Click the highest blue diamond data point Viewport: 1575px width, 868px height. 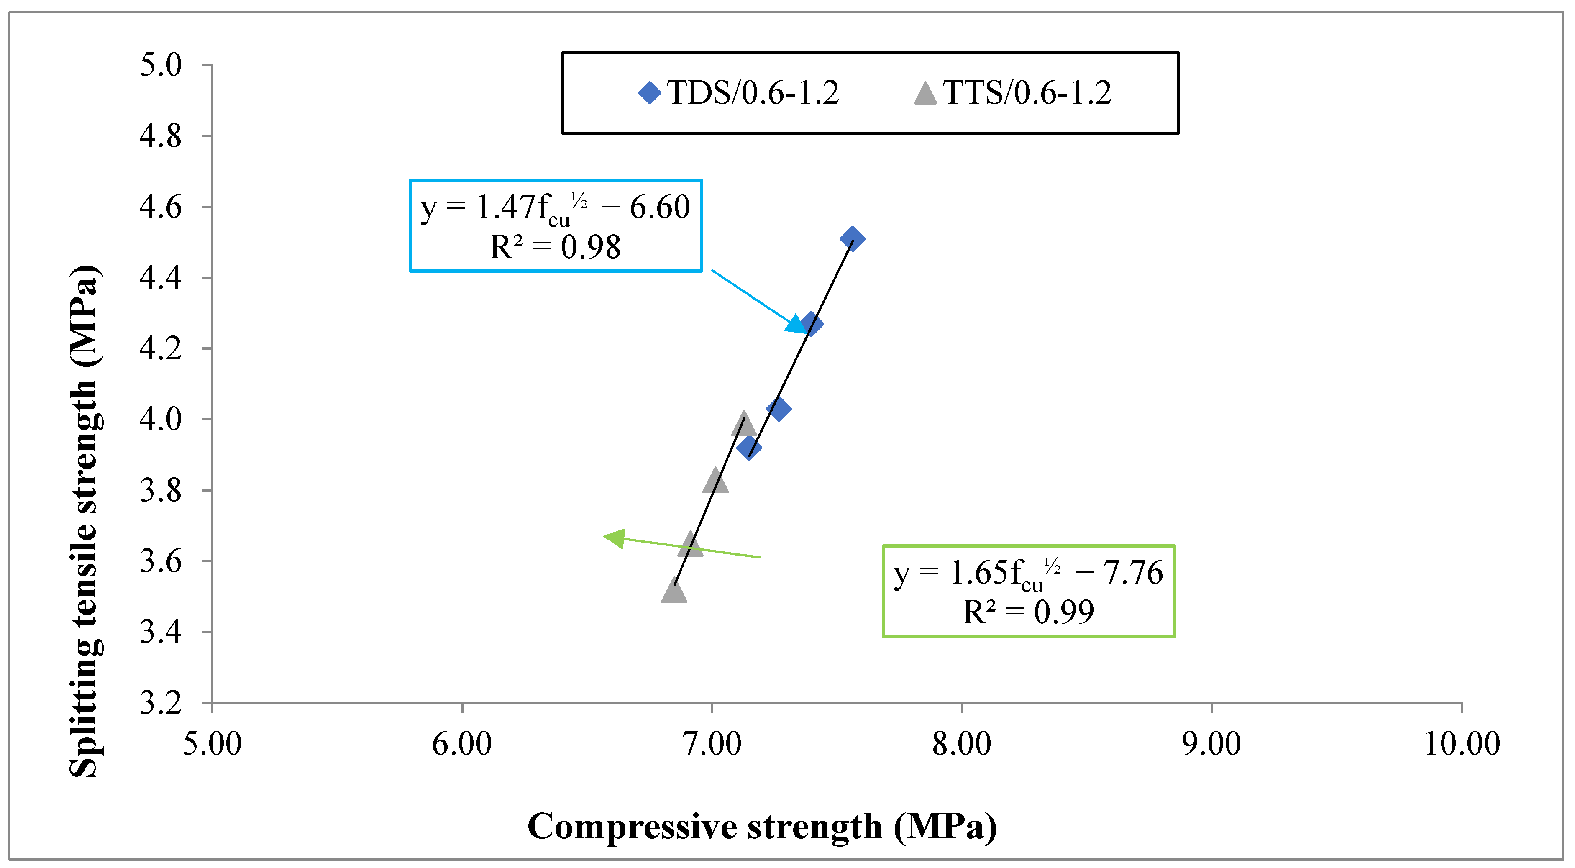point(852,238)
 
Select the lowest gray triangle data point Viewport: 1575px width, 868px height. point(674,591)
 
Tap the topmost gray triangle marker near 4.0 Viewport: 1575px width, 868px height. point(743,424)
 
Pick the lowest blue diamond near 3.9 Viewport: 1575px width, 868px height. point(749,448)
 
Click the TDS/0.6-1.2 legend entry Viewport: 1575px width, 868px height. point(739,93)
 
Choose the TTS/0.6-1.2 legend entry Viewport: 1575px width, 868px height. point(1012,93)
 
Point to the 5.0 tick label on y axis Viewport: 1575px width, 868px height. point(161,65)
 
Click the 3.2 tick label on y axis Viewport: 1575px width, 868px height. point(161,703)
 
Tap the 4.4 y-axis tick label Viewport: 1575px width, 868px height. point(161,277)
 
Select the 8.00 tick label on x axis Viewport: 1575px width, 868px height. point(962,744)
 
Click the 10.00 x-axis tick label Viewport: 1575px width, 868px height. point(1462,744)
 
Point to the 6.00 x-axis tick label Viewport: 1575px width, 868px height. point(461,744)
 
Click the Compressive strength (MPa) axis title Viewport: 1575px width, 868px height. point(762,827)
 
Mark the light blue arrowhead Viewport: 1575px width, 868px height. point(796,324)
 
